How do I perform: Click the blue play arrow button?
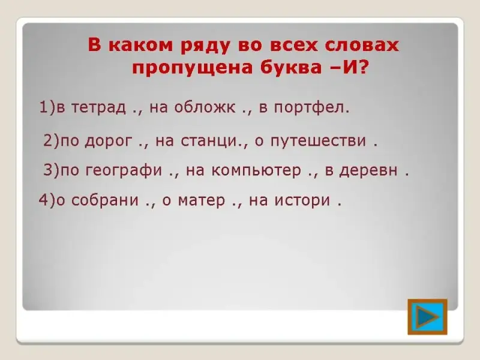pos(427,317)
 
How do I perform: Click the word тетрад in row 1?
pos(98,107)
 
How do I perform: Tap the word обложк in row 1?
pos(205,107)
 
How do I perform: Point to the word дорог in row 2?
pos(109,141)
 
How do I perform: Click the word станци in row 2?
pos(209,140)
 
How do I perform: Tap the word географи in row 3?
pos(124,170)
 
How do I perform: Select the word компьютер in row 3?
pos(256,170)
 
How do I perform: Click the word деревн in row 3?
pos(368,170)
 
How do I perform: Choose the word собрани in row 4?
pos(105,200)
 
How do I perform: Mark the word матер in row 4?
pos(202,200)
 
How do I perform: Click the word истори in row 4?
pos(302,200)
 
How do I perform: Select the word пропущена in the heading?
pos(192,68)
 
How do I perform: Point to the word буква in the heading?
pos(291,67)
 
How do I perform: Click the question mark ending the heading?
pos(362,67)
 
